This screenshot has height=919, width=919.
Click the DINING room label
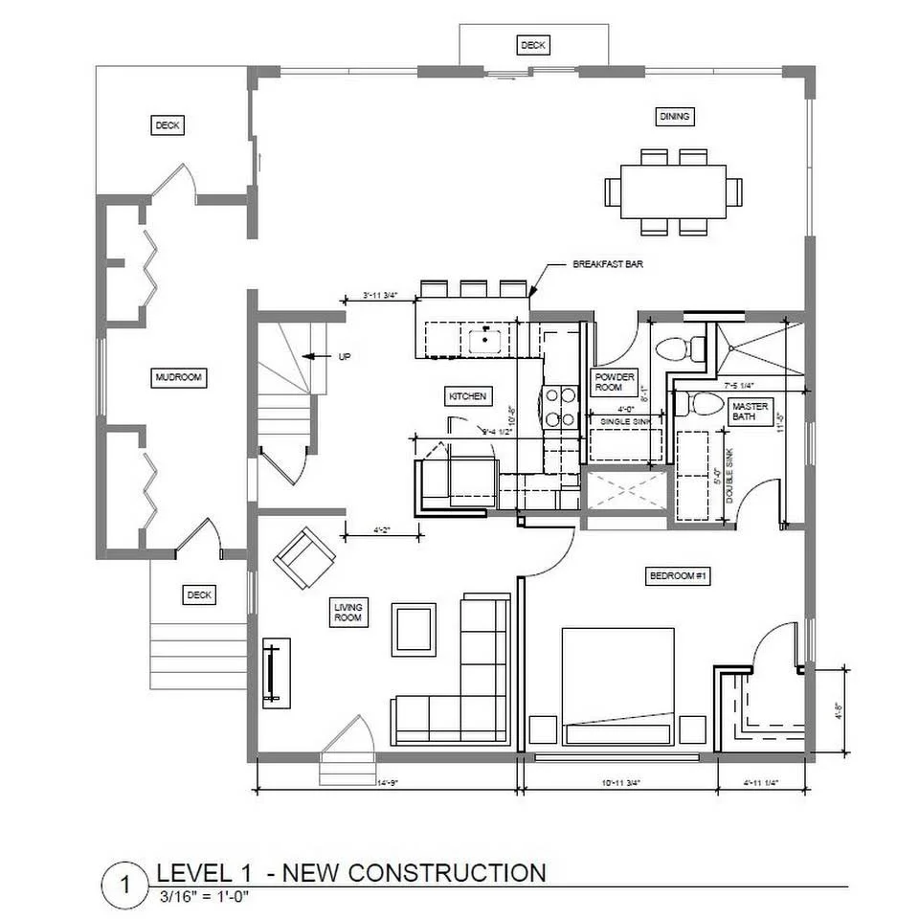tap(674, 117)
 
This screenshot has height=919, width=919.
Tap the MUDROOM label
tap(179, 378)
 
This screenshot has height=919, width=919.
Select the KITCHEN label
tap(468, 395)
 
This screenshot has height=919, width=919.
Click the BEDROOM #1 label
tap(677, 575)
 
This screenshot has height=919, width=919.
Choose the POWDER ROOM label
tap(614, 382)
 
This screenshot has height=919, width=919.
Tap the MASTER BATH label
tap(750, 412)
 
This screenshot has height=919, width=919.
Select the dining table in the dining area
tap(673, 192)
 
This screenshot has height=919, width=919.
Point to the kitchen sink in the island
tap(488, 339)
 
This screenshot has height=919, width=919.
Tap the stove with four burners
tap(559, 406)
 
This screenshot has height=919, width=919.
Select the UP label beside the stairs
tap(344, 356)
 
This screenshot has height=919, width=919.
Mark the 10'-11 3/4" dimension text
tap(621, 783)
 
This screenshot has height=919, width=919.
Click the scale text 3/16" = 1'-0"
tap(207, 897)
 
